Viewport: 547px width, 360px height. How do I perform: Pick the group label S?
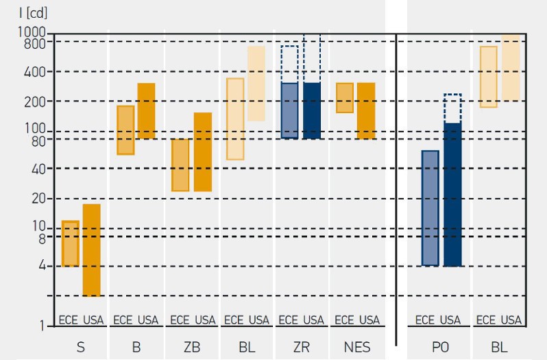tap(81, 348)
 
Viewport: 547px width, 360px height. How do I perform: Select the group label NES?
tap(356, 348)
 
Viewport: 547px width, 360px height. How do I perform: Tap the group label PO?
tap(439, 348)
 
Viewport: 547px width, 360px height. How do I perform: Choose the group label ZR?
tap(302, 348)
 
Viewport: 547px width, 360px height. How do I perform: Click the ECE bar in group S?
tap(71, 243)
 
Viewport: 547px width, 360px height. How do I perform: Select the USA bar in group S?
tap(92, 250)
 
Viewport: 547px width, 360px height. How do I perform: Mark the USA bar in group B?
tap(147, 111)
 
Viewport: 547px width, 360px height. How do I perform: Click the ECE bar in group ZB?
tap(180, 165)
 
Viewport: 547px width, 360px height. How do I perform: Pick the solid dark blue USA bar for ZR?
tap(312, 111)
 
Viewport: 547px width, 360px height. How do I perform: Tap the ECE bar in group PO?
tap(430, 208)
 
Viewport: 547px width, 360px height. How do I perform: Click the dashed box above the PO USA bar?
tap(452, 108)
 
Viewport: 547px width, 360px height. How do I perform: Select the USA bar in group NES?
tap(366, 111)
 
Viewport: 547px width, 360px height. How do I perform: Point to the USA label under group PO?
tap(450, 320)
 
